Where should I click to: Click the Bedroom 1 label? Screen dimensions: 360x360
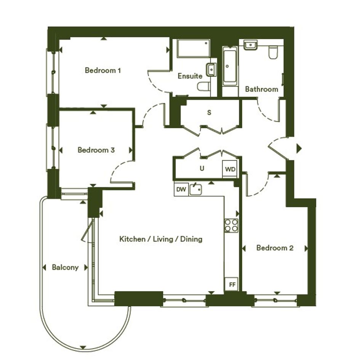(x=102, y=70)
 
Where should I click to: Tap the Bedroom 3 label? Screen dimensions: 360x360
(x=96, y=150)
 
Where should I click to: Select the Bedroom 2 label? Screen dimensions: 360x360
(x=275, y=248)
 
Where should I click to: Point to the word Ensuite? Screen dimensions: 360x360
(x=190, y=76)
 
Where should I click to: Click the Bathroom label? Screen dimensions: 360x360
(x=261, y=89)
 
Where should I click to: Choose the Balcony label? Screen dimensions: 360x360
(x=65, y=267)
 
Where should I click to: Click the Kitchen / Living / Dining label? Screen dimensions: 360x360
(x=161, y=239)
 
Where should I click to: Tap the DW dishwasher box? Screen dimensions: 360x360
(x=181, y=189)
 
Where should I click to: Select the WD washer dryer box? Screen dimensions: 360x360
(x=230, y=169)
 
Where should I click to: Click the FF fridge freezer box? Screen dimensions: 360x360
(x=232, y=285)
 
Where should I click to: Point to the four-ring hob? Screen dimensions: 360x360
(x=232, y=226)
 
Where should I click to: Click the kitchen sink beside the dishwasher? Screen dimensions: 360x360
(x=195, y=189)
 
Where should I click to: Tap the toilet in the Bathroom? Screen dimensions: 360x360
(x=273, y=52)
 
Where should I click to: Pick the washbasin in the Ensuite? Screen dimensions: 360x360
(x=211, y=70)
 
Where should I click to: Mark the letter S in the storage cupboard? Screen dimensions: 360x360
(x=209, y=112)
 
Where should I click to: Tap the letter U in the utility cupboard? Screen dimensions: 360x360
(x=202, y=168)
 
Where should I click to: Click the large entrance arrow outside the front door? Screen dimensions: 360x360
(x=299, y=149)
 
